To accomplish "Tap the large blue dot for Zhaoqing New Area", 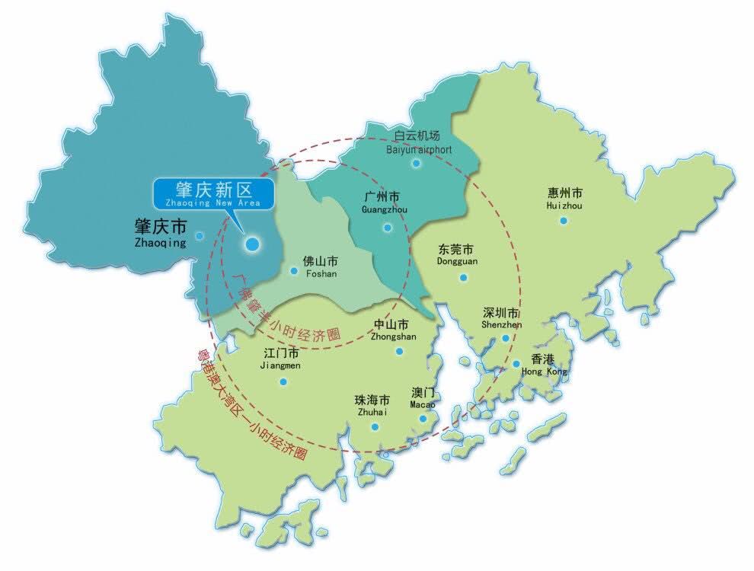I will [251, 244].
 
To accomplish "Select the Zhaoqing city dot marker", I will [200, 236].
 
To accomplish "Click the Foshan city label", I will [319, 266].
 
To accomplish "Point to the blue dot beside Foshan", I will [294, 270].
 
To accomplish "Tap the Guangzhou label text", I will [383, 202].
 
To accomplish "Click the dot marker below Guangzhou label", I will [387, 226].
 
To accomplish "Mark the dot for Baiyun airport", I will [416, 163].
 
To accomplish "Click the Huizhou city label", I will [564, 199].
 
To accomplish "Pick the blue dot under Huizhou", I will [564, 221].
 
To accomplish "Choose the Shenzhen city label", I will [502, 317].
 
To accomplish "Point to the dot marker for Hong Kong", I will [516, 365].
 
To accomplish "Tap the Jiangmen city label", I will [281, 359].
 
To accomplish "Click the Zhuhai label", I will [372, 405].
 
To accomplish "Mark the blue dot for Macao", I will [422, 418].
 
